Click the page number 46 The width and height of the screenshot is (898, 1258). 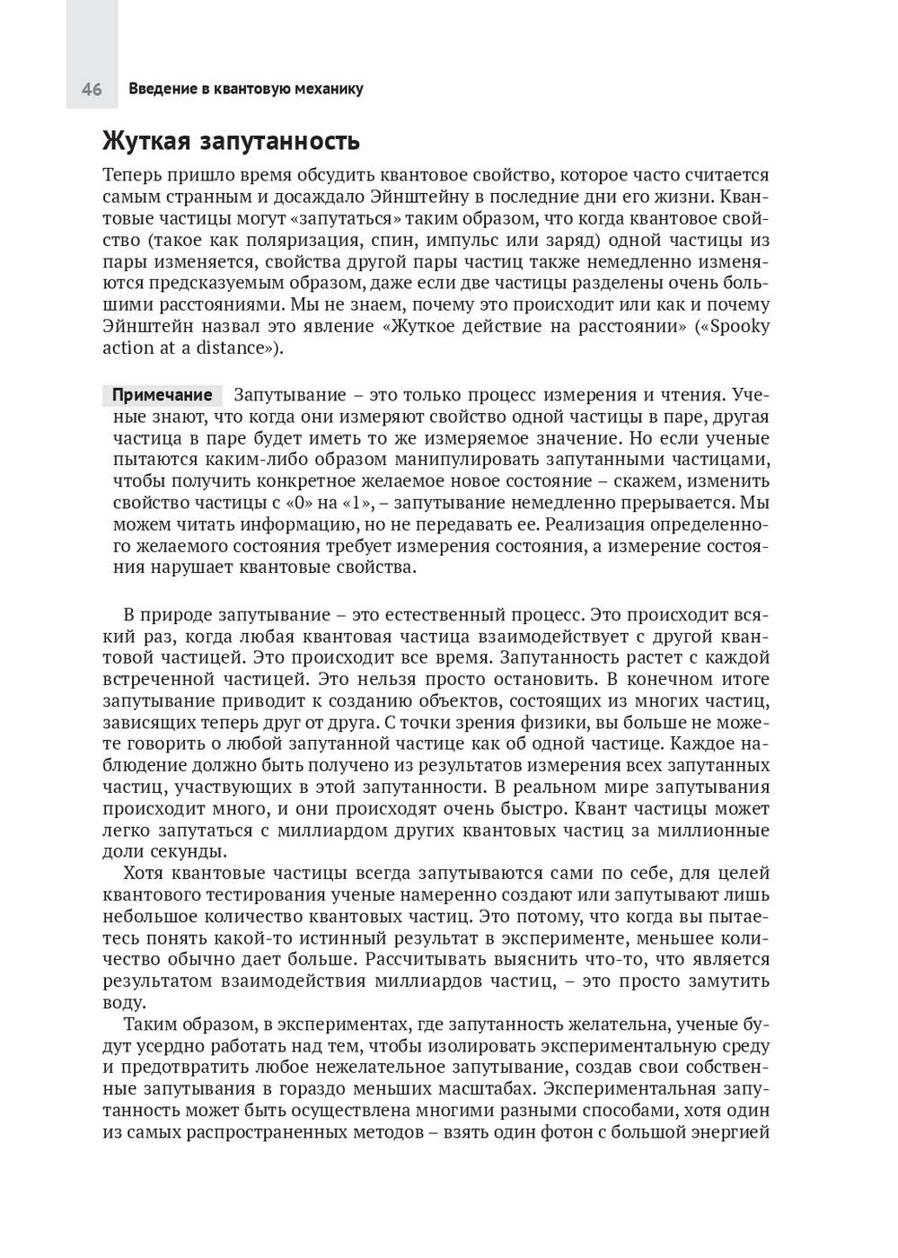coord(92,90)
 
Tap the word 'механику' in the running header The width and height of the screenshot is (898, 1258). coord(329,90)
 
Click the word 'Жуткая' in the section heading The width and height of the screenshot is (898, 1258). coord(145,142)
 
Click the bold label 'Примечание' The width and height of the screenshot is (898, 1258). coord(162,395)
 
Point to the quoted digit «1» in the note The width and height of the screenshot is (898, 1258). coord(358,503)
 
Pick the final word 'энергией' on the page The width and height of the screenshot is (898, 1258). coord(728,1132)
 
